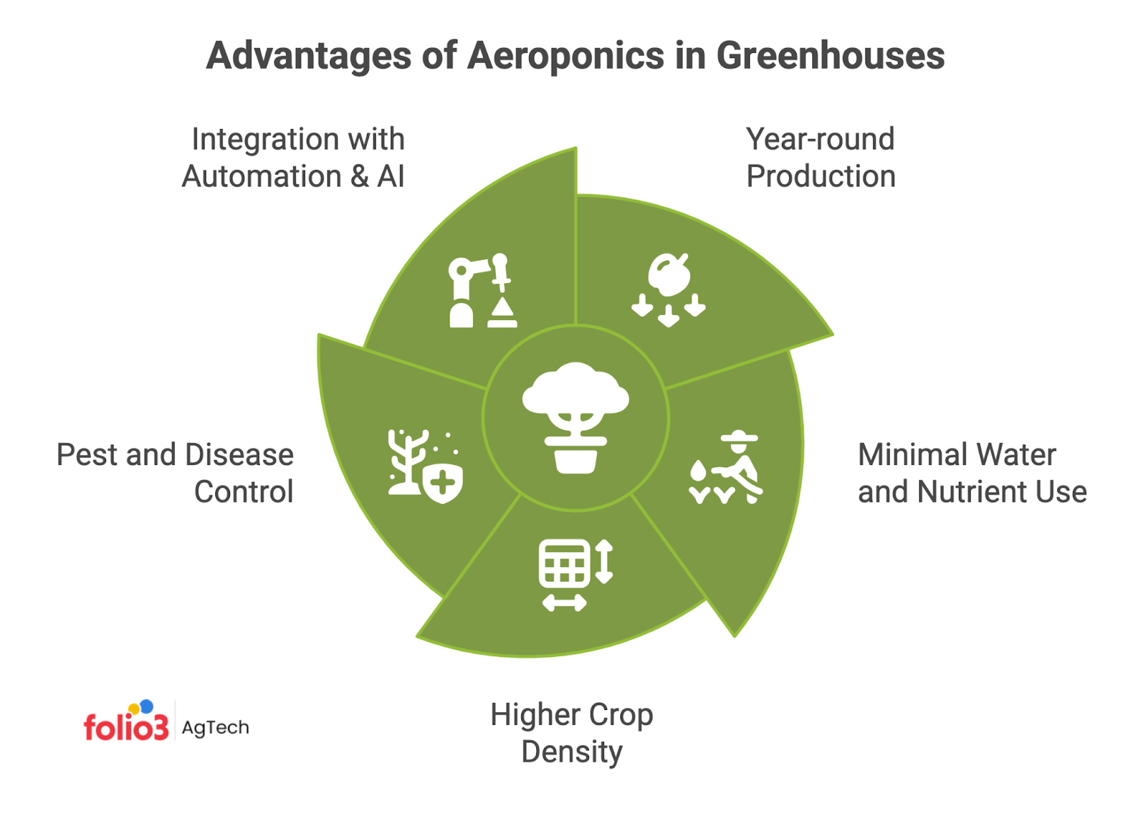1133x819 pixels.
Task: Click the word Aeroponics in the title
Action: click(566, 57)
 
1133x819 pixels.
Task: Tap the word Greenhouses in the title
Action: click(830, 57)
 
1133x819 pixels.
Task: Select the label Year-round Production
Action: click(821, 158)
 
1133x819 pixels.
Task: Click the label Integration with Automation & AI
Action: click(294, 158)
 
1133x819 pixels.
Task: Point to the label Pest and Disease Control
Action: click(175, 473)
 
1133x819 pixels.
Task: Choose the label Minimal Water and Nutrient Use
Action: click(972, 473)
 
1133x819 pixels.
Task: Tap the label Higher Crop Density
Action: click(571, 733)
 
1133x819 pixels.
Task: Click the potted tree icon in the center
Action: click(576, 418)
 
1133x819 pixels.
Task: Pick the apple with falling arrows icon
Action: click(668, 290)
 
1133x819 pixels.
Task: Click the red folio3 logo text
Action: click(126, 727)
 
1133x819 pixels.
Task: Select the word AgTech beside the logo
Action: click(215, 728)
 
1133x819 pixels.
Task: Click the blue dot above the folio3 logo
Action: click(147, 706)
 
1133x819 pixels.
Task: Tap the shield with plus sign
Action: click(443, 484)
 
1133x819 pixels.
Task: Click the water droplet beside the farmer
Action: click(698, 471)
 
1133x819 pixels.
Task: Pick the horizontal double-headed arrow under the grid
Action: click(564, 603)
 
